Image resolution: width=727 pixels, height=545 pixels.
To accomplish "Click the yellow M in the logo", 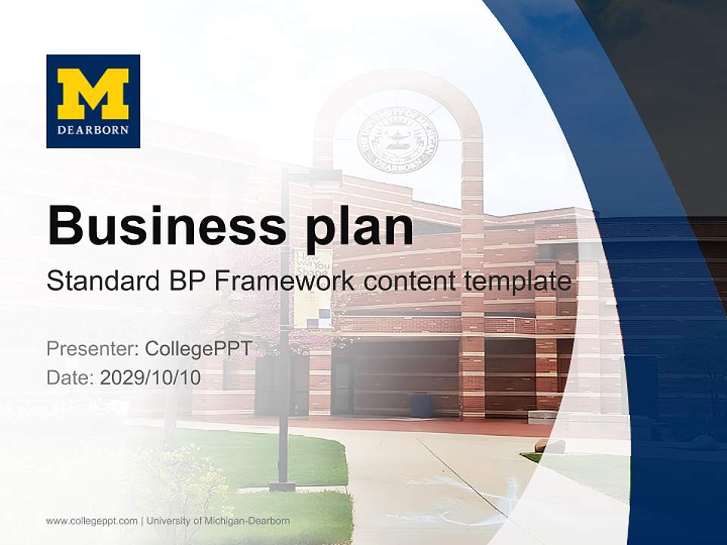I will (93, 92).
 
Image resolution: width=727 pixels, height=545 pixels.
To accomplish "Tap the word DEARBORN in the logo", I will (93, 129).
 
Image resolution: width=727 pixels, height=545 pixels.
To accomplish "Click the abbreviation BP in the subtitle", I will (185, 282).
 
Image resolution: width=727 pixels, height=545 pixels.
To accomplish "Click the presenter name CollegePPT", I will (198, 349).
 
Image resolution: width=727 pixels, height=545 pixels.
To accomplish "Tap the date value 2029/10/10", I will (151, 378).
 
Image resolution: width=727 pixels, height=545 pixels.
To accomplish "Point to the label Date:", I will (70, 378).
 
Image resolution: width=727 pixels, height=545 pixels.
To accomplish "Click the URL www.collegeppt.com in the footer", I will (92, 521).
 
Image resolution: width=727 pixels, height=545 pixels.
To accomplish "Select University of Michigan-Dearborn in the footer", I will (218, 521).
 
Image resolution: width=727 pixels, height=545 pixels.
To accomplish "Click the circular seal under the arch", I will (398, 139).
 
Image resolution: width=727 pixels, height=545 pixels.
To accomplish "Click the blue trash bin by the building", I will (423, 405).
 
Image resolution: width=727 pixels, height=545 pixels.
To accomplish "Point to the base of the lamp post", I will (283, 484).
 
